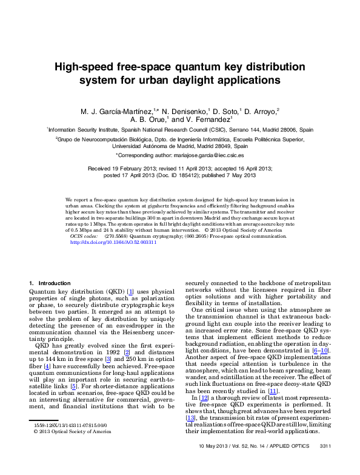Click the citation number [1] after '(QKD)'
(x=130, y=292)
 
